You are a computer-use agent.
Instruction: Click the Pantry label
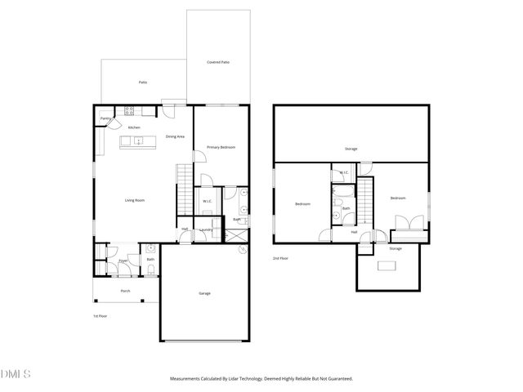[x=105, y=118]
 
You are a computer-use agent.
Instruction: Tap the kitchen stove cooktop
[x=128, y=111]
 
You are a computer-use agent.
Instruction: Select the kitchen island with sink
[x=138, y=141]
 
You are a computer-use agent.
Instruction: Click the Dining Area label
[x=175, y=136]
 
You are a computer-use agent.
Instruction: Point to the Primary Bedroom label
[x=221, y=147]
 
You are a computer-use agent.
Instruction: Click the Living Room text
[x=134, y=200]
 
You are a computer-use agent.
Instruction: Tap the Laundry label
[x=207, y=229]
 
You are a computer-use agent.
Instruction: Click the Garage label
[x=204, y=292]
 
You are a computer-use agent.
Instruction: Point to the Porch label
[x=125, y=291]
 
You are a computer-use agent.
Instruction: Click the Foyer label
[x=123, y=261]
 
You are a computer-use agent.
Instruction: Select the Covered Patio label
[x=217, y=62]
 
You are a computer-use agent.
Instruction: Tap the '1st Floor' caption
[x=100, y=316]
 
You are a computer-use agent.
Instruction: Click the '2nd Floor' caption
[x=280, y=258]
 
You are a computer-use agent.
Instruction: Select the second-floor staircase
[x=365, y=200]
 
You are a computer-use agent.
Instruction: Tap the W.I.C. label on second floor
[x=344, y=171]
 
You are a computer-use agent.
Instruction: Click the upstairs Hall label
[x=354, y=232]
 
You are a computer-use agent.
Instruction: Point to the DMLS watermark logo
[x=15, y=374]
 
